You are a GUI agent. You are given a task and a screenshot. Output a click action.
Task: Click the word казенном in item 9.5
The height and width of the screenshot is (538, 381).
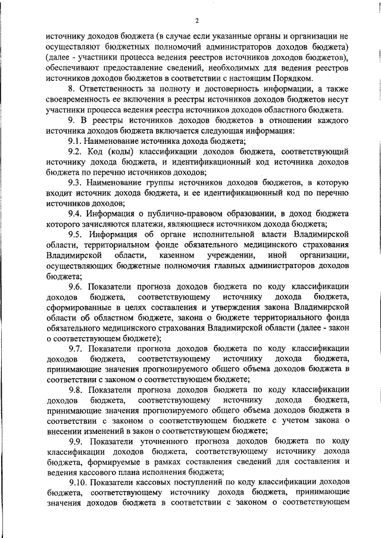point(178,255)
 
